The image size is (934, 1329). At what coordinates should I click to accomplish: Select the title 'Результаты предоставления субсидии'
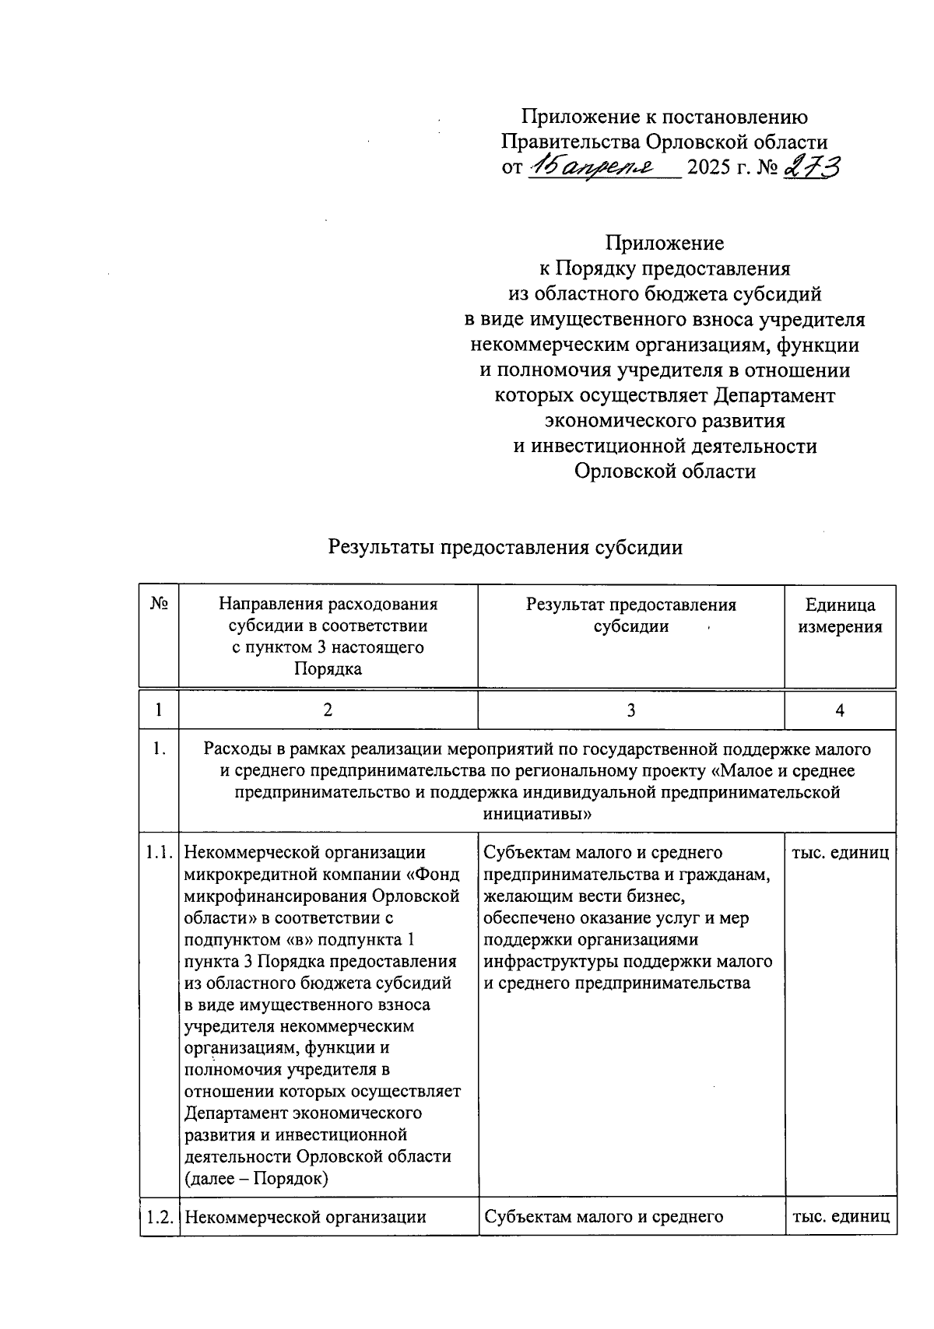click(505, 547)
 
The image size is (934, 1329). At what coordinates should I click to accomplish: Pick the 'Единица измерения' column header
click(840, 615)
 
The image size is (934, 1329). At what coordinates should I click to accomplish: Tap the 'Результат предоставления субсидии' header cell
click(630, 615)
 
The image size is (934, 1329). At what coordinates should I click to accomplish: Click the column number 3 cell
click(630, 710)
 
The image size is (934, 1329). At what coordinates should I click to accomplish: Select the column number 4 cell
click(840, 710)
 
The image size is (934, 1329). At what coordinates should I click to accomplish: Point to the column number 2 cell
click(328, 710)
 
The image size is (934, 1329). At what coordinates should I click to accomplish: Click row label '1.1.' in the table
click(159, 854)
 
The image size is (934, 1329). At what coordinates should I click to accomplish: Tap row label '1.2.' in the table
click(159, 1217)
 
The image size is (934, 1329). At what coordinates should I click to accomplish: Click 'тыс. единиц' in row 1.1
click(840, 853)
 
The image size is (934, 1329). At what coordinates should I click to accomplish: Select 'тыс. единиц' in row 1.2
click(840, 1217)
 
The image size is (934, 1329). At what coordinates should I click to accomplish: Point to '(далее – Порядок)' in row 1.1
click(256, 1178)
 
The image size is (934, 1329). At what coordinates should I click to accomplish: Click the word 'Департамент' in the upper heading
click(774, 395)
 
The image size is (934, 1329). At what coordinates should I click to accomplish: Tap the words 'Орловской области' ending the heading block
click(665, 471)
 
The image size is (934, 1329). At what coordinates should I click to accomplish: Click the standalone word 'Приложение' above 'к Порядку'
click(665, 243)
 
